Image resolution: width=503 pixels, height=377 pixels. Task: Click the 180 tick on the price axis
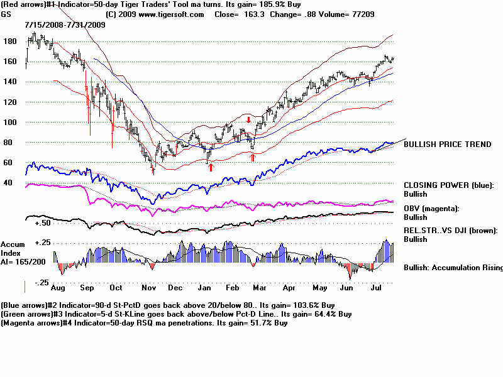pyautogui.click(x=9, y=41)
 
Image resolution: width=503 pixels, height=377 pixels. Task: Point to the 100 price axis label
pyautogui.click(x=9, y=122)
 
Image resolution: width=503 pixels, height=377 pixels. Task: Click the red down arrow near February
pyautogui.click(x=249, y=119)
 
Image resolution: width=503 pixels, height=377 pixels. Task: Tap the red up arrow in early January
pyautogui.click(x=211, y=167)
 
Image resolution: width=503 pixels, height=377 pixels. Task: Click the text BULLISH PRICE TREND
pyautogui.click(x=447, y=145)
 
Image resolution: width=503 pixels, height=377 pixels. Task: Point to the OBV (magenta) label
pyautogui.click(x=431, y=208)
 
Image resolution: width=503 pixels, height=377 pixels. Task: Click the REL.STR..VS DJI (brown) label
pyautogui.click(x=450, y=231)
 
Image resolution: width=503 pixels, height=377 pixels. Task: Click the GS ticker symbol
pyautogui.click(x=6, y=14)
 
